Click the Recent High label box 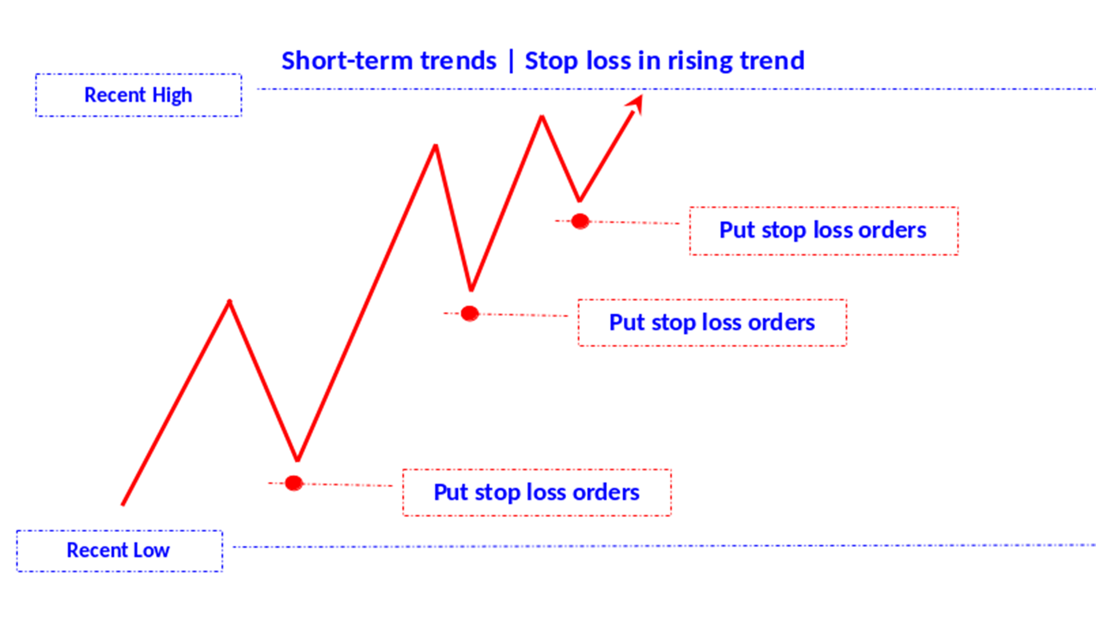point(138,95)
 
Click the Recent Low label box point(119,551)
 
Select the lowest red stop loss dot point(294,483)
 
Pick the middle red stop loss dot point(470,313)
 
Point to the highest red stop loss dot point(580,221)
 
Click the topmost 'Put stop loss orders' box point(823,231)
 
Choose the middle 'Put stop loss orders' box point(712,322)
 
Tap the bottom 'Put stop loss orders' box point(537,493)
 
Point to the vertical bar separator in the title point(511,61)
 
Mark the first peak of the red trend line point(229,302)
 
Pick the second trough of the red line point(472,289)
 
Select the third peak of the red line point(542,117)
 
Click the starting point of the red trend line point(123,504)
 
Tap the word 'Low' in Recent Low point(151,551)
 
